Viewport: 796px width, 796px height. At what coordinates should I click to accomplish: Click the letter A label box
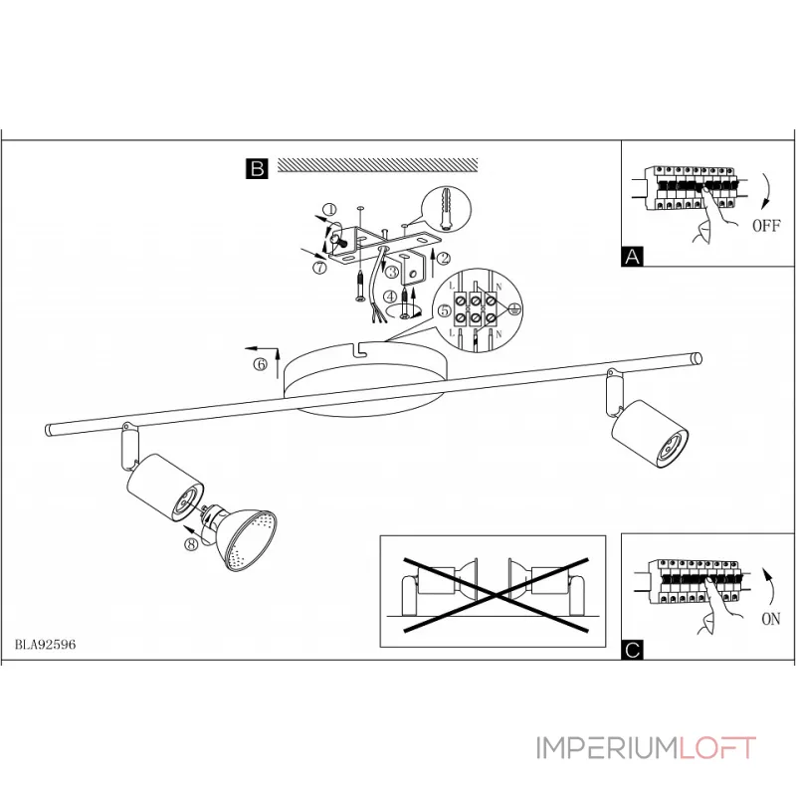pos(631,257)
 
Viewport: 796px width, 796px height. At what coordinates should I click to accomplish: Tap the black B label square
pos(257,169)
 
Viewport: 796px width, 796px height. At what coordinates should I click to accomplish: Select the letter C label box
pos(631,651)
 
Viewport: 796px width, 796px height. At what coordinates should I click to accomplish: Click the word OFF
pos(766,225)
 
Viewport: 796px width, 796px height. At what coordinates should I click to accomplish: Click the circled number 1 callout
pos(330,211)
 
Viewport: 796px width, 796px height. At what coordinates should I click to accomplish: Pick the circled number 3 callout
pos(392,271)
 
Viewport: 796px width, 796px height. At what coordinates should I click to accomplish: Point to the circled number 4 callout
pos(391,296)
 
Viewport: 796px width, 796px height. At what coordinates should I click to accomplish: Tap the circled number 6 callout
pos(260,365)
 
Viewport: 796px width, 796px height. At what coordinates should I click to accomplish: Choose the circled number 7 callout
pos(319,268)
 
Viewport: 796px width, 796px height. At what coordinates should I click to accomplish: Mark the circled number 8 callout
pos(190,543)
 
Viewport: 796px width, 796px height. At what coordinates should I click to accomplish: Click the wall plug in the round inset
pos(444,211)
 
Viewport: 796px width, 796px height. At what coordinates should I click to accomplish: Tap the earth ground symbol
pos(514,310)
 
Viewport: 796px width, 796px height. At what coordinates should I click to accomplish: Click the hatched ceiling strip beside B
pos(377,165)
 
